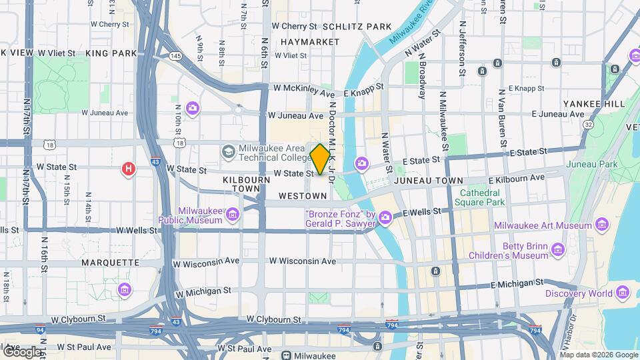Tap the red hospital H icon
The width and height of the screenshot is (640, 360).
(128, 169)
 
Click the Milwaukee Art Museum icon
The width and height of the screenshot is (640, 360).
(604, 225)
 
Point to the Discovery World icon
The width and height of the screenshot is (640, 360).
(623, 293)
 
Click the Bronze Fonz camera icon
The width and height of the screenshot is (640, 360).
(385, 218)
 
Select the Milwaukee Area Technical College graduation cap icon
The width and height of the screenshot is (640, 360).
(229, 151)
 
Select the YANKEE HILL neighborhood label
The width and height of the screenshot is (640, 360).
(593, 104)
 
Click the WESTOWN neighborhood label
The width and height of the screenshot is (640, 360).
(303, 196)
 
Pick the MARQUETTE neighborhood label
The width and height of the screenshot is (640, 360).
(110, 263)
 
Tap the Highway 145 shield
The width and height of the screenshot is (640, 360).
(175, 56)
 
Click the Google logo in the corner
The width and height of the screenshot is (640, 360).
(21, 351)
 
